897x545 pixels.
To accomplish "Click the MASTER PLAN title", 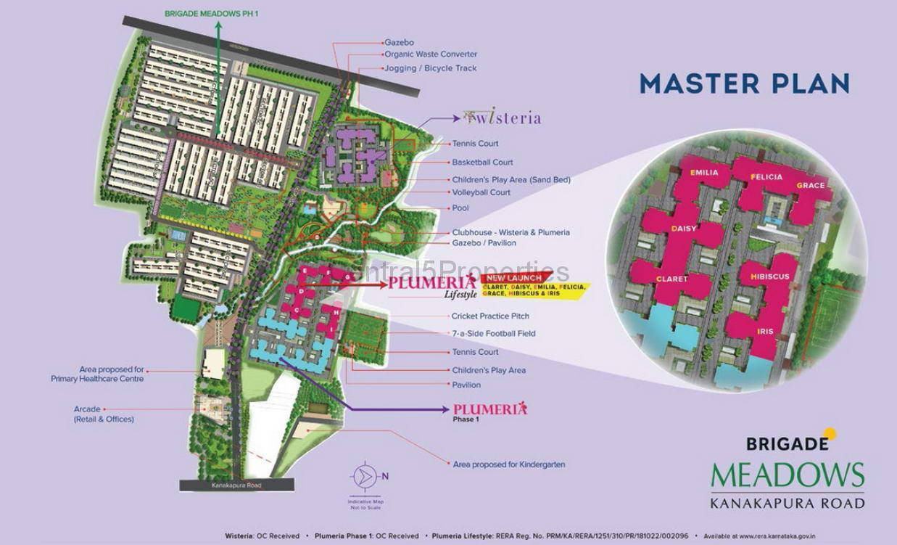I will point(744,83).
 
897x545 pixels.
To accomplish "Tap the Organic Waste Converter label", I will point(431,54).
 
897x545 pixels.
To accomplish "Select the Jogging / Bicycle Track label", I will point(430,68).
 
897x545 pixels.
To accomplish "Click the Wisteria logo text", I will point(502,118).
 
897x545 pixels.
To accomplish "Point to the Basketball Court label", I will point(482,163).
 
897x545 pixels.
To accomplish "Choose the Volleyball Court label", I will point(481,192).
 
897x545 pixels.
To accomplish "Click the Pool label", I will point(460,208).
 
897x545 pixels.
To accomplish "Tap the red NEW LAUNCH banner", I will point(513,278).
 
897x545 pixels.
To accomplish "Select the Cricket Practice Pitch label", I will point(490,316).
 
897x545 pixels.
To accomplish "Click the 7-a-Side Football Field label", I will point(493,334).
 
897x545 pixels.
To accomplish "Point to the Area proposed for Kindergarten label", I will point(508,464).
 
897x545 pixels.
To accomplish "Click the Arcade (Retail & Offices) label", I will point(103,414).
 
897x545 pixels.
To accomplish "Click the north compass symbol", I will point(364,477).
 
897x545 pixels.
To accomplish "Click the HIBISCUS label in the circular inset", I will point(770,276).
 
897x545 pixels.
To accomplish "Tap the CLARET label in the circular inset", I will point(671,279).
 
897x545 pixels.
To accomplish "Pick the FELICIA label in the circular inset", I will point(766,177).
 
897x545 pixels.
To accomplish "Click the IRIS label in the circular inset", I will point(765,332).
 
